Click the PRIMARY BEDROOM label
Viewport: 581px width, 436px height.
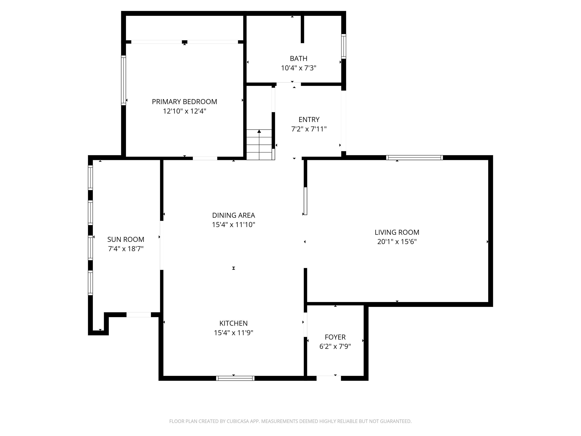click(x=184, y=102)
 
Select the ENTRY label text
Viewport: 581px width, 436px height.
click(x=309, y=120)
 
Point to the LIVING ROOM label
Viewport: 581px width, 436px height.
click(x=397, y=232)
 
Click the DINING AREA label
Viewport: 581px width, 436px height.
click(x=234, y=215)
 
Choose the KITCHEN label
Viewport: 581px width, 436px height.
click(x=234, y=323)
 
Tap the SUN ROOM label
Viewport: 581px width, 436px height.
click(x=126, y=239)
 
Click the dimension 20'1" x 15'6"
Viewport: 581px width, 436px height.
click(x=397, y=242)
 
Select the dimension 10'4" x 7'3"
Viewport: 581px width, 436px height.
click(x=298, y=68)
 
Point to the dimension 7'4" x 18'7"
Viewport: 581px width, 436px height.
click(x=126, y=249)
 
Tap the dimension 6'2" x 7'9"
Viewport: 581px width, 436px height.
click(x=335, y=346)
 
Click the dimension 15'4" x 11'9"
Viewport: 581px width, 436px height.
click(x=234, y=333)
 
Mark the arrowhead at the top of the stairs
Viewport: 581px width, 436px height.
click(x=259, y=131)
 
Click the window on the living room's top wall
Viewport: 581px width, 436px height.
click(x=415, y=158)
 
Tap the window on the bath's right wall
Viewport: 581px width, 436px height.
click(x=344, y=46)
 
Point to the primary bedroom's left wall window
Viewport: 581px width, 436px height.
click(x=124, y=80)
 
